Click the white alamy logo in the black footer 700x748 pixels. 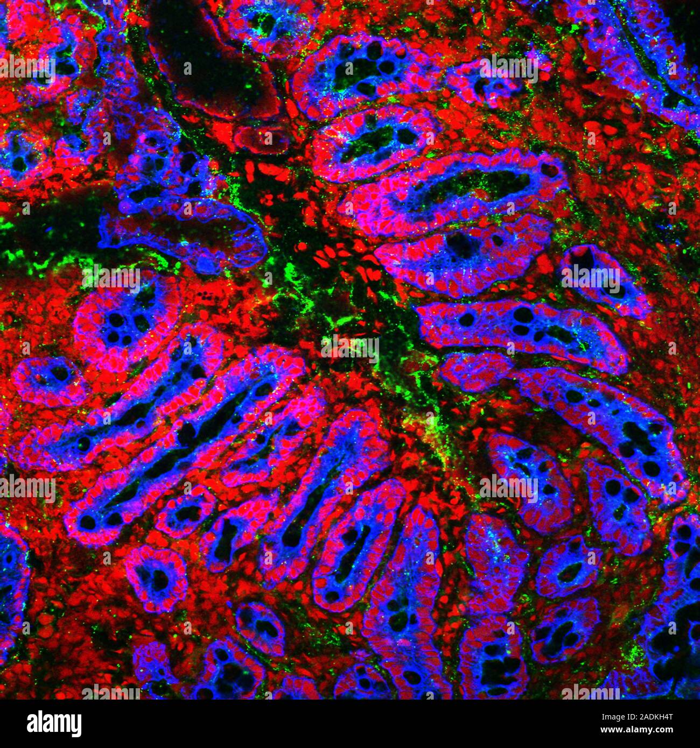(x=54, y=724)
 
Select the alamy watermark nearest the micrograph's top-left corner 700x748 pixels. (x=27, y=67)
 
